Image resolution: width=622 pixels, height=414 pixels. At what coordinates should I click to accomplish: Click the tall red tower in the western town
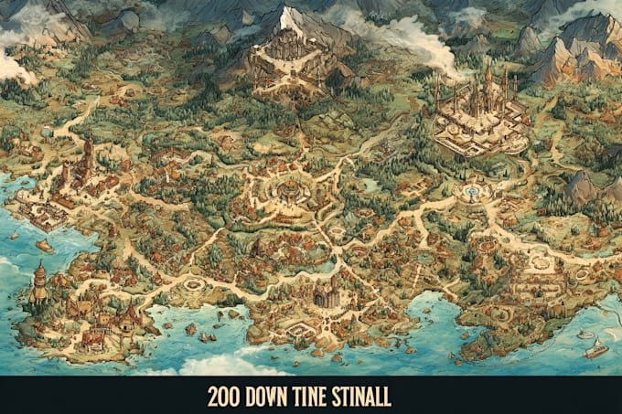pos(88,155)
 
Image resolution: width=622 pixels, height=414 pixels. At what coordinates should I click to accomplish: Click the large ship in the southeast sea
pos(595,348)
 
